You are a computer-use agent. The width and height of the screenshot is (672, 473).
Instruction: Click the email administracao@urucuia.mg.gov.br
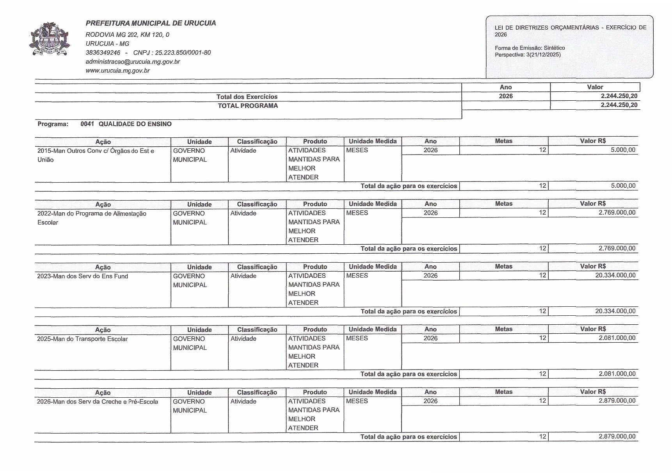click(x=133, y=62)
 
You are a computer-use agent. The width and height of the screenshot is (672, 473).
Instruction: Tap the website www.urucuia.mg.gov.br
click(x=117, y=71)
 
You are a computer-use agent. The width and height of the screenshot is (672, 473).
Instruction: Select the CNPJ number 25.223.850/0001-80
click(x=183, y=53)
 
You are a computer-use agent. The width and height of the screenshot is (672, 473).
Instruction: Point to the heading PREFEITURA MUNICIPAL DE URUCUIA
click(x=151, y=23)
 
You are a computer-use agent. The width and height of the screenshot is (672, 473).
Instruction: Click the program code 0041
click(x=87, y=124)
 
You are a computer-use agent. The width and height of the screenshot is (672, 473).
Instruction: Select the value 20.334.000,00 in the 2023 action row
click(x=615, y=276)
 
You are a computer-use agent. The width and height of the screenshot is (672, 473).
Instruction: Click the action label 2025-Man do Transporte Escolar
click(x=82, y=339)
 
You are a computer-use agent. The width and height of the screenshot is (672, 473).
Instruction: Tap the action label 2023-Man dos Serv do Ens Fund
click(x=82, y=276)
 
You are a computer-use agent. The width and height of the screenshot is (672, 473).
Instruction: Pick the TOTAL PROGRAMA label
click(x=248, y=106)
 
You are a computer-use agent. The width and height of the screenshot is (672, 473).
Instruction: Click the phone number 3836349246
click(x=103, y=53)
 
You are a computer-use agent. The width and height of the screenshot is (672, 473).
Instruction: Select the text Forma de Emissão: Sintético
click(x=530, y=48)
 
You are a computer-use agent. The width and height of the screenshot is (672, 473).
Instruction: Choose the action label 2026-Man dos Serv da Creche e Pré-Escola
click(x=98, y=402)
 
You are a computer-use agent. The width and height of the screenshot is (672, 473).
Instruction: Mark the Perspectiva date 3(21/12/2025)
click(x=543, y=55)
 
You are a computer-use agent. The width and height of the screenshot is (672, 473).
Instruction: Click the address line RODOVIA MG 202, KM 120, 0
click(x=127, y=35)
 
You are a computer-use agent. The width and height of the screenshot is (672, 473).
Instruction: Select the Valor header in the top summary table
click(x=595, y=87)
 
